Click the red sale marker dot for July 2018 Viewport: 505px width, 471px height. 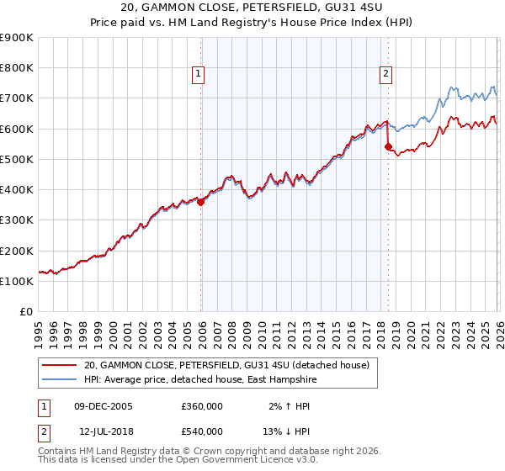(388, 147)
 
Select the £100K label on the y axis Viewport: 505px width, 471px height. (17, 281)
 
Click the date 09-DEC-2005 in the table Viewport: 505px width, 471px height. (104, 405)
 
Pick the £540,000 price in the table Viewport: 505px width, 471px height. (202, 431)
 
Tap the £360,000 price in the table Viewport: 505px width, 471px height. (202, 405)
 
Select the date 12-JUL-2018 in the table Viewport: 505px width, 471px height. (103, 431)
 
